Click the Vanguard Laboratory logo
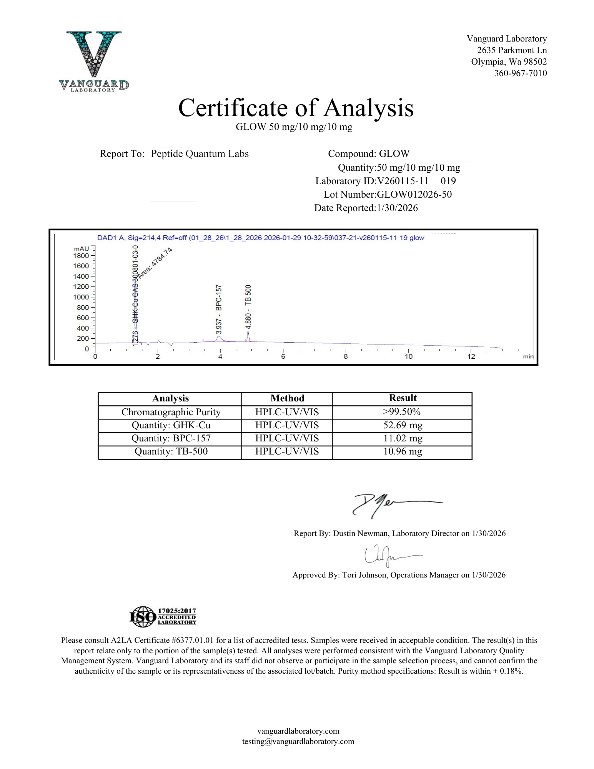pyautogui.click(x=94, y=62)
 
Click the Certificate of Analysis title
pyautogui.click(x=296, y=108)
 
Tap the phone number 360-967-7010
pyautogui.click(x=520, y=73)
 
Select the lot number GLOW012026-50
pyautogui.click(x=414, y=195)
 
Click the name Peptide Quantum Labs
pyautogui.click(x=200, y=154)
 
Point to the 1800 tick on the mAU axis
pyautogui.click(x=81, y=256)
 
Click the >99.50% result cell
pyautogui.click(x=402, y=412)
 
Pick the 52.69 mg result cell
pyautogui.click(x=402, y=425)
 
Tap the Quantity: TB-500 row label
pyautogui.click(x=171, y=451)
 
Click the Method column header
pyautogui.click(x=287, y=398)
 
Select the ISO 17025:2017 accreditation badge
pyautogui.click(x=163, y=616)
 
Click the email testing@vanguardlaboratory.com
pyautogui.click(x=298, y=741)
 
